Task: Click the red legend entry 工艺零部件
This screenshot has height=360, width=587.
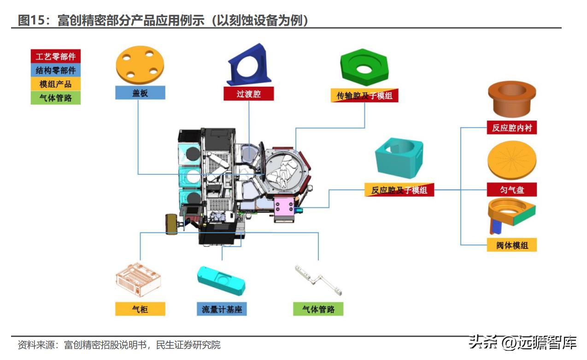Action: pos(55,57)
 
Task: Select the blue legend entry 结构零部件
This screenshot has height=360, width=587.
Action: pos(55,70)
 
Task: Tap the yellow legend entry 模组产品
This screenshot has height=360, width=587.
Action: pos(55,84)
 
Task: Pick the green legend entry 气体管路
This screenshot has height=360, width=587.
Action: pos(55,98)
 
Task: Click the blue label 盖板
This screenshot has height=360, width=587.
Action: pos(140,93)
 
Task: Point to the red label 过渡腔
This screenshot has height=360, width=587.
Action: pos(249,94)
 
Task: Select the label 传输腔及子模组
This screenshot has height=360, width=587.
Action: pos(364,95)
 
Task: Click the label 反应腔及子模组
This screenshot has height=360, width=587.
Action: pos(399,189)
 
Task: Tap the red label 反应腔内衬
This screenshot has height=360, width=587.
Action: pos(511,128)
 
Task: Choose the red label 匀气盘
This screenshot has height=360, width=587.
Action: pos(511,189)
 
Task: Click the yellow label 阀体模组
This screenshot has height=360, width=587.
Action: pos(511,245)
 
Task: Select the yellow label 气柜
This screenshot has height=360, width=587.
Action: pos(140,309)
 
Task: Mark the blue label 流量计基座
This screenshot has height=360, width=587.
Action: pos(222,309)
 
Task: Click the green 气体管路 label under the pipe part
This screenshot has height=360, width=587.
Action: pos(318,309)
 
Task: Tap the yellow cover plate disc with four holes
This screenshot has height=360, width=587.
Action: pos(140,65)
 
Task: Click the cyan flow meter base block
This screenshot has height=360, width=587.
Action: pos(221,280)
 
